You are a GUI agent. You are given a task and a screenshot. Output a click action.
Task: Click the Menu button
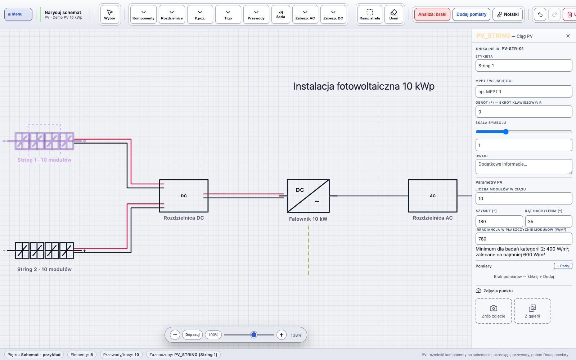[x=18, y=14]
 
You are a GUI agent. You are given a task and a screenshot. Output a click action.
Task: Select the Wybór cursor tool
[x=110, y=14]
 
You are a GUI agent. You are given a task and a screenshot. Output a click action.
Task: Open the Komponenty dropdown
[x=144, y=14]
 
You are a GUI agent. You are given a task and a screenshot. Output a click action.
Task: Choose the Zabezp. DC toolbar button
[x=333, y=14]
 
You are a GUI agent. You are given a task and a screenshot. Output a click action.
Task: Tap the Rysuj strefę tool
[x=369, y=14]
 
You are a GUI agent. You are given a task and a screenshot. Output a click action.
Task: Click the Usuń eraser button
[x=394, y=14]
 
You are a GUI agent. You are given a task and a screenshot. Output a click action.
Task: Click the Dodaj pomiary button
[x=471, y=14]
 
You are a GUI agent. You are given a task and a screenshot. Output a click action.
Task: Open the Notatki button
[x=508, y=14]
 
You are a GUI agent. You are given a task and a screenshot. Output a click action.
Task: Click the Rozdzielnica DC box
[x=184, y=196]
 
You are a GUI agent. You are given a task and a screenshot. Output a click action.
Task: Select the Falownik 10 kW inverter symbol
[x=308, y=196]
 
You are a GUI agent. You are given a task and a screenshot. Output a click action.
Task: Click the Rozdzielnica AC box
[x=433, y=196]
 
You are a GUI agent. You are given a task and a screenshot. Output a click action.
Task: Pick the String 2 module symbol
[x=44, y=251]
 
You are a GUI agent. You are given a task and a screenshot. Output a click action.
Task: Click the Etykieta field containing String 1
[x=524, y=66]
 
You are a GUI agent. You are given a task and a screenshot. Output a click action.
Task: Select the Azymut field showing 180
[x=499, y=221]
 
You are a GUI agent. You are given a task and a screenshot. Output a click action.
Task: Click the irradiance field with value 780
[x=524, y=239]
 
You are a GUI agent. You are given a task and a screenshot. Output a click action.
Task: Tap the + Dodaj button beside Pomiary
[x=563, y=266]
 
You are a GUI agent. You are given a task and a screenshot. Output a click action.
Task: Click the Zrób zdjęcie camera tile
[x=494, y=311]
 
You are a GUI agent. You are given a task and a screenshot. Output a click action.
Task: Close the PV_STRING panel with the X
[x=568, y=36]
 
